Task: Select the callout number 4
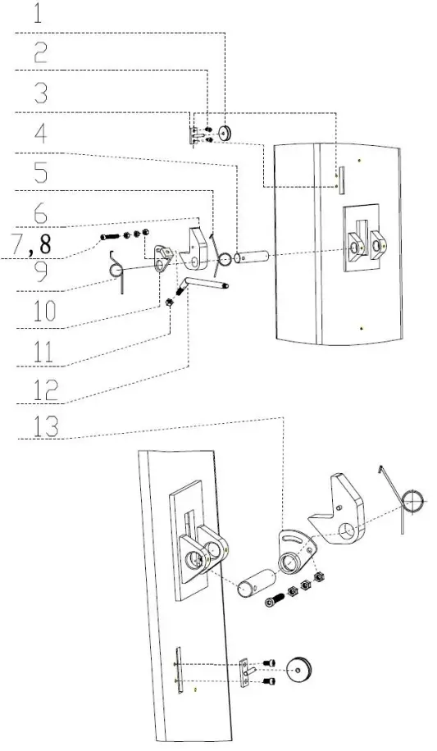(x=39, y=132)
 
